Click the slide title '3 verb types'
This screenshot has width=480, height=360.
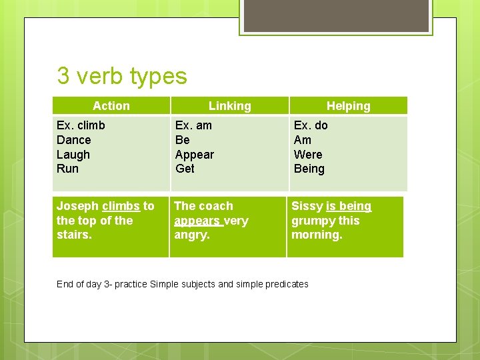(122, 76)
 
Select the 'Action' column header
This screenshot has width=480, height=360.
(111, 106)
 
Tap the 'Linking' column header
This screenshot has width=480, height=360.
(229, 106)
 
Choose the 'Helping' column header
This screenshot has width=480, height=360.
(348, 106)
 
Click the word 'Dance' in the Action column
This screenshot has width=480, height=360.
(74, 140)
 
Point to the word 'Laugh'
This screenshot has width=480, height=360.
(73, 155)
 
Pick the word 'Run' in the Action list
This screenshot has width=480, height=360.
(67, 169)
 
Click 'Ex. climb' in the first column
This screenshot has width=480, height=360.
(81, 125)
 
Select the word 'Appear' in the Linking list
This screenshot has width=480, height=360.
(195, 155)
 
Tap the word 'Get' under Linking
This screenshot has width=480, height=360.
(185, 169)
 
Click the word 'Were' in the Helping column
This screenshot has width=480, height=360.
(308, 155)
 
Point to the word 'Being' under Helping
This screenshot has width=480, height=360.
(309, 169)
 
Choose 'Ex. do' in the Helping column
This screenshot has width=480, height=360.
(311, 125)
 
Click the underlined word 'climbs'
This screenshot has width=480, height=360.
(121, 206)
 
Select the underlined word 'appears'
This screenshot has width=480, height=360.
(197, 221)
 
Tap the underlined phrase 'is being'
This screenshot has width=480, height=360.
(349, 206)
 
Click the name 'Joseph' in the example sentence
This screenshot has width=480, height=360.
(77, 206)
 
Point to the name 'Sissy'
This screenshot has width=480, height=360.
(307, 206)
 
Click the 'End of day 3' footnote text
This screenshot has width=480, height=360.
(183, 284)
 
